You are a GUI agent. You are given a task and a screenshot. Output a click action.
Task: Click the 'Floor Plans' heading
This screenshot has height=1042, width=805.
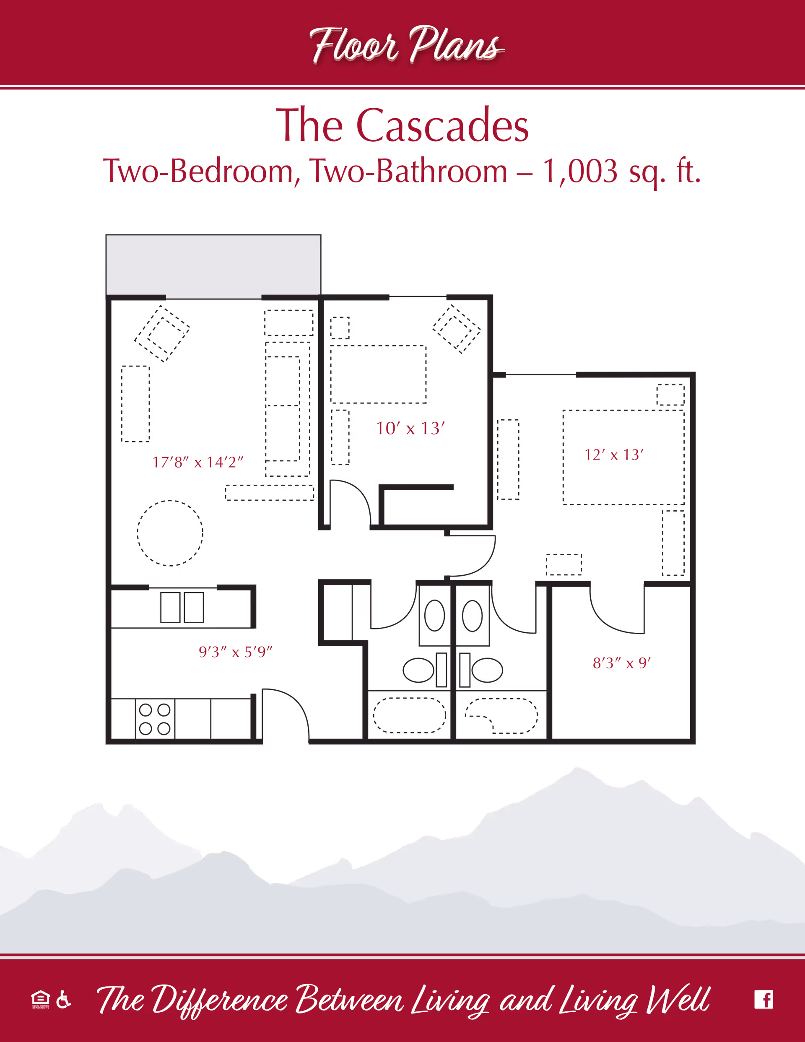tap(406, 45)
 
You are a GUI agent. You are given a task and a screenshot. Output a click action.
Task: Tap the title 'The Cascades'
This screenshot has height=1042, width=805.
tap(402, 125)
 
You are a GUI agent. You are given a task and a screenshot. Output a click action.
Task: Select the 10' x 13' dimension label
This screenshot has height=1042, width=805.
tap(410, 428)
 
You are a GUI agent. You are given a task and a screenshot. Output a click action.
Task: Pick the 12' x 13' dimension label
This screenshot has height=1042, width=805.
tap(614, 454)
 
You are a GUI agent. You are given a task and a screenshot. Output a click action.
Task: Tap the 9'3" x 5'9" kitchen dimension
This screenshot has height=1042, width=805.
tap(235, 651)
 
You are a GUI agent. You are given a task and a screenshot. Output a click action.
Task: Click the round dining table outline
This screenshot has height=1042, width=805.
tap(170, 533)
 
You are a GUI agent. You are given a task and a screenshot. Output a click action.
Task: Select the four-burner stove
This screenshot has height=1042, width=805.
tap(155, 719)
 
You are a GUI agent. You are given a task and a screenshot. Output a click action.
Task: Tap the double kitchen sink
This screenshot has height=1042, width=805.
tap(182, 607)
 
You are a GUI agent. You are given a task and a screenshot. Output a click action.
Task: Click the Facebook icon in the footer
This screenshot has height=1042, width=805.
tap(763, 999)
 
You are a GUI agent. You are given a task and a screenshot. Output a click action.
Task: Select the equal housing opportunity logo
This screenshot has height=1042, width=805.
tap(41, 999)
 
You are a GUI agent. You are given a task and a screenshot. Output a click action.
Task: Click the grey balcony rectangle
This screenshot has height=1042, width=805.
tap(213, 265)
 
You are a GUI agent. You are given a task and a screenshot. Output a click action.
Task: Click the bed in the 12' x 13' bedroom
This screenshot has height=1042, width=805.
tap(623, 457)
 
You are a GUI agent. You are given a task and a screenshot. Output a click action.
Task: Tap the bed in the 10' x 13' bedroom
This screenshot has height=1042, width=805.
tap(377, 374)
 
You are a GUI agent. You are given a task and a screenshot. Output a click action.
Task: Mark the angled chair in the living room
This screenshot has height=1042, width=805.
tap(162, 333)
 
